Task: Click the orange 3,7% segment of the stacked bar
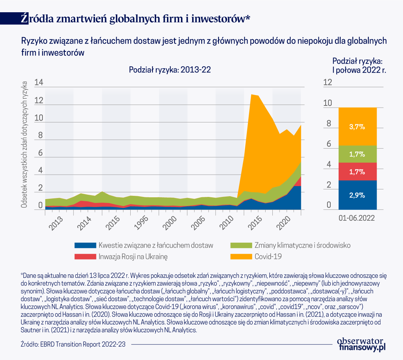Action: [x=357, y=126]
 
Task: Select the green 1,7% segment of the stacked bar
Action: [x=357, y=154]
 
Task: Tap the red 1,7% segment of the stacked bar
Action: [x=357, y=171]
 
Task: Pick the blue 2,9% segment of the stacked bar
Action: [x=357, y=195]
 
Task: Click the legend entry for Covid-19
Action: [x=268, y=257]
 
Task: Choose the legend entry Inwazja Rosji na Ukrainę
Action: [x=133, y=257]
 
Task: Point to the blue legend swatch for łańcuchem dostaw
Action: [x=85, y=246]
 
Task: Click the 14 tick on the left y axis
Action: [x=39, y=83]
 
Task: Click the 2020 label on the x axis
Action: [x=282, y=224]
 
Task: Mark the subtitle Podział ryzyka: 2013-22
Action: [x=170, y=70]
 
